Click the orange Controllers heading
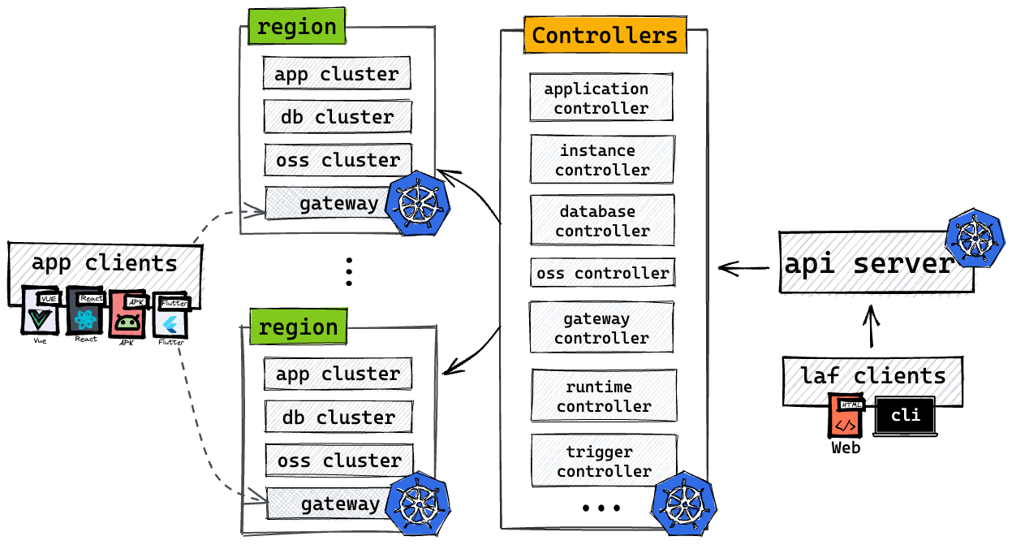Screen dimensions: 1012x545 (x=605, y=35)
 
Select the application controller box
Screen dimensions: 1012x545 (x=601, y=97)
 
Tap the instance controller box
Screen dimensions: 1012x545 (x=602, y=159)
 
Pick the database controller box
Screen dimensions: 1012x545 (x=602, y=220)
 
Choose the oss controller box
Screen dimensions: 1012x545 (x=603, y=273)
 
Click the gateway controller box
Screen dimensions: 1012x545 (x=601, y=327)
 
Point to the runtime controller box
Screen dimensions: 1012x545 (x=604, y=396)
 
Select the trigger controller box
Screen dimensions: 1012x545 (x=605, y=461)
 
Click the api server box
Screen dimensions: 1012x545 (x=876, y=263)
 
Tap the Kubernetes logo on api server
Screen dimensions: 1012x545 (x=975, y=238)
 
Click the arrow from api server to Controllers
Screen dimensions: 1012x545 (x=743, y=268)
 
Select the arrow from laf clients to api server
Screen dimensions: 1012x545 (x=872, y=326)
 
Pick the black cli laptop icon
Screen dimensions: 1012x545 (x=905, y=416)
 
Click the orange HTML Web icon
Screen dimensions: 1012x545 (x=846, y=416)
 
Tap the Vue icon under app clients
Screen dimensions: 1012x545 (x=41, y=311)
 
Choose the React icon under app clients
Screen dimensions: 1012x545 (x=85, y=312)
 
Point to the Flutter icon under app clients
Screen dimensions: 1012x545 (x=170, y=316)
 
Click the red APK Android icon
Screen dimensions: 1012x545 (x=128, y=314)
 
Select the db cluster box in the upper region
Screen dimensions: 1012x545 (x=338, y=117)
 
